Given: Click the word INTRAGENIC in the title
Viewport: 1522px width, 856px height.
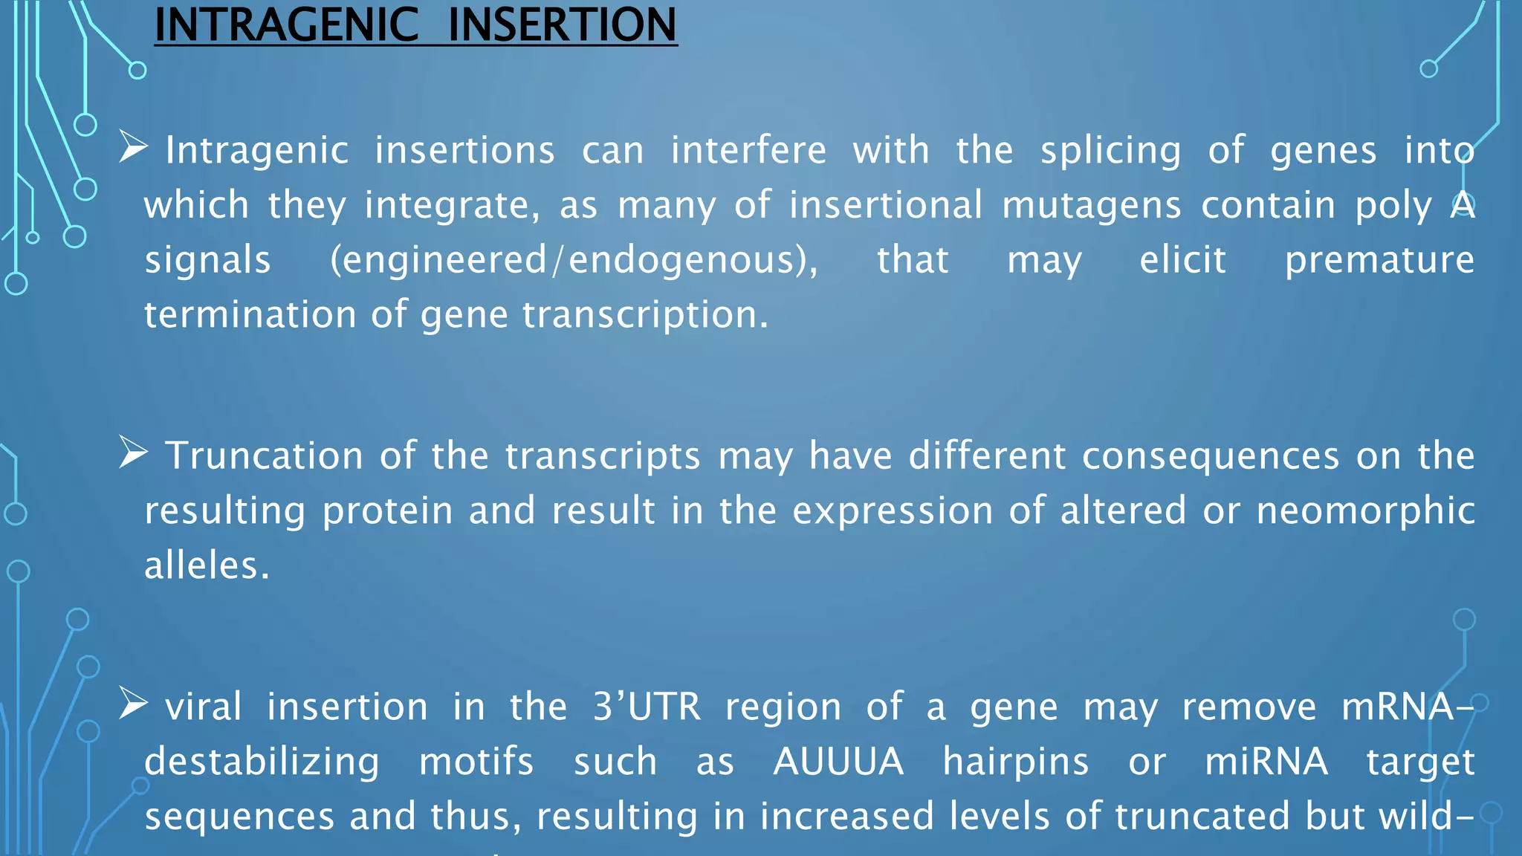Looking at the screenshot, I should (286, 25).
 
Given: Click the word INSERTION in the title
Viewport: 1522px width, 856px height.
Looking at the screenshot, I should (563, 25).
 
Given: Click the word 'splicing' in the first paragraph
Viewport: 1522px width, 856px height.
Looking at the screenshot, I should (1110, 152).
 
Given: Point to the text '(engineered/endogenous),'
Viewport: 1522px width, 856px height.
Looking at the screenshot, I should (574, 261).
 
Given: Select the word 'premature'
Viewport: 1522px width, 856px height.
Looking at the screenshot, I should (1379, 261).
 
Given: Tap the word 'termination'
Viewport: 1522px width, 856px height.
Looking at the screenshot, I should (250, 314).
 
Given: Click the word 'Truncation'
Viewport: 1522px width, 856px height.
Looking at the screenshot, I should (264, 455).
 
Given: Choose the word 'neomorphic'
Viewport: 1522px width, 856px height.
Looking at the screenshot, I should (1365, 511).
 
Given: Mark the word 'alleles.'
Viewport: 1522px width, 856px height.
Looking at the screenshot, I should (207, 565).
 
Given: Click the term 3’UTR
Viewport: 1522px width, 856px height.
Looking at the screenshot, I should (647, 707).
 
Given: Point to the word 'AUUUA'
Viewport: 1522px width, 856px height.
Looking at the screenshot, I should (838, 762).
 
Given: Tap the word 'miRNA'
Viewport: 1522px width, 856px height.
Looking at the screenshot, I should (1266, 762).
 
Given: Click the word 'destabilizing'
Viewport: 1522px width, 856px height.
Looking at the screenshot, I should (262, 762).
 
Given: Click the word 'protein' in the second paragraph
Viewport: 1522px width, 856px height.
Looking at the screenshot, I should (387, 511).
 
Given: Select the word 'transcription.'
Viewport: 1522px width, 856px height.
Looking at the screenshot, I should (645, 315).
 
